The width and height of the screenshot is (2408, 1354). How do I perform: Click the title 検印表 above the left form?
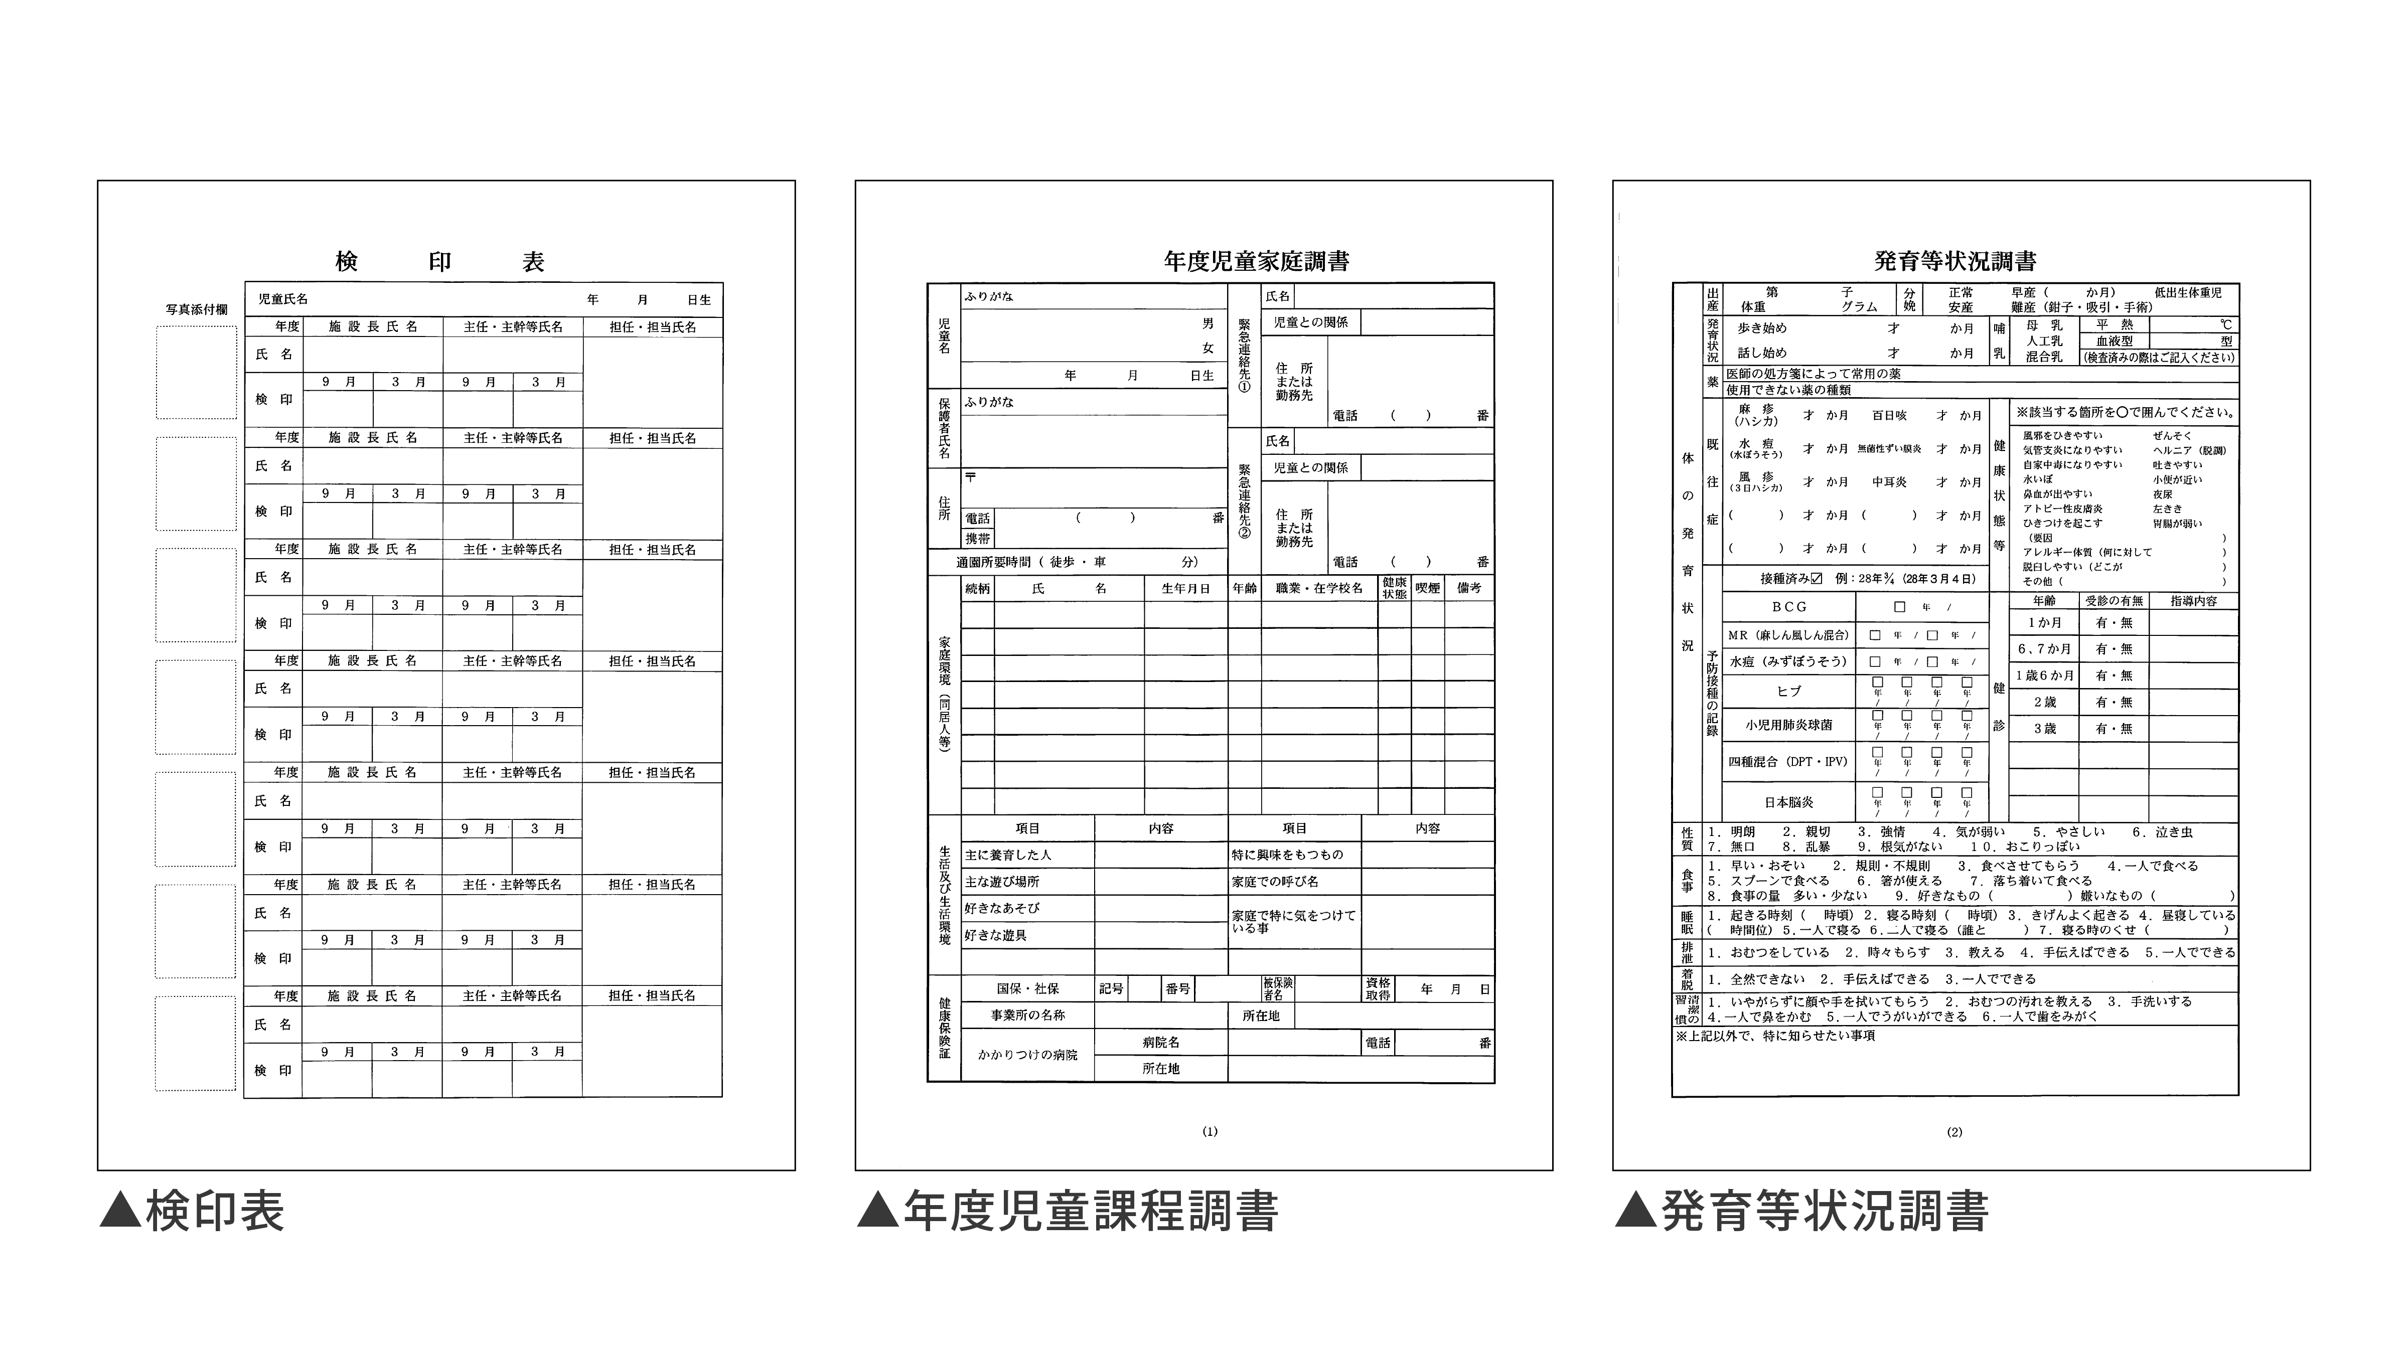[439, 262]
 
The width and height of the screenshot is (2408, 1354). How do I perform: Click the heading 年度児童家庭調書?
[1256, 262]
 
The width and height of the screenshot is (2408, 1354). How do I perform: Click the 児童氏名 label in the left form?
[283, 299]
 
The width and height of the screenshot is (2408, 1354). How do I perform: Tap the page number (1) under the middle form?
[1210, 1132]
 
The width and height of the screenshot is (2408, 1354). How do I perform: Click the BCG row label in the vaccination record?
[1789, 606]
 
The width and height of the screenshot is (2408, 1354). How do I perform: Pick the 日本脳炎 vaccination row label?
[1789, 802]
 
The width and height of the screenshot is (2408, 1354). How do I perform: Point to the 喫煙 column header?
[1427, 589]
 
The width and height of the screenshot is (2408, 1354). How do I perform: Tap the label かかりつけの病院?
[1027, 1055]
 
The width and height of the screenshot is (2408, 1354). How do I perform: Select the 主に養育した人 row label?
[1009, 855]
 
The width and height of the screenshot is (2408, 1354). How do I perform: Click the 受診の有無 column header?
[2114, 601]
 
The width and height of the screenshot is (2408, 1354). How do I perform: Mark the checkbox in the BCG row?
[1899, 606]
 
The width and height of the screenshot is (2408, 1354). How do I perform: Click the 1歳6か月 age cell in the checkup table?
[2044, 675]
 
